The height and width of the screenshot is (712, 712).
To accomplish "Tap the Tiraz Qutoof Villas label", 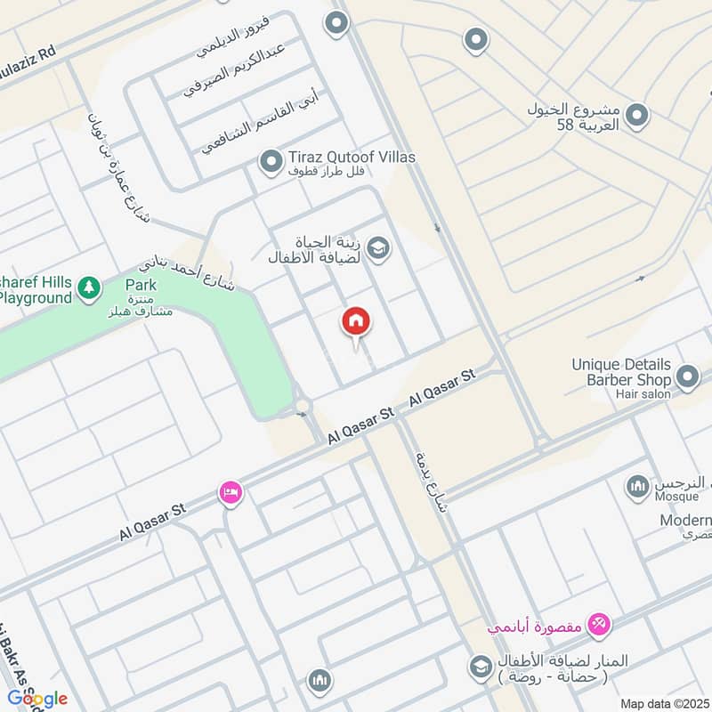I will coord(351,158).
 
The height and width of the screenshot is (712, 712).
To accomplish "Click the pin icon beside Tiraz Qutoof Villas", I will coord(270,162).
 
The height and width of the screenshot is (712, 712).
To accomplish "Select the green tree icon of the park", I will coord(88,287).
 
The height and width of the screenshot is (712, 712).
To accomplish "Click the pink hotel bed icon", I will coord(231,492).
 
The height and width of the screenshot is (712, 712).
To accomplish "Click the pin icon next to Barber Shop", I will coord(687,378).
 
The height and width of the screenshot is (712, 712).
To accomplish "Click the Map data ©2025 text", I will coord(663,703).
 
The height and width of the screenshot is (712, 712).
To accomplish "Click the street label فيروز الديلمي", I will coord(233,36).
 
